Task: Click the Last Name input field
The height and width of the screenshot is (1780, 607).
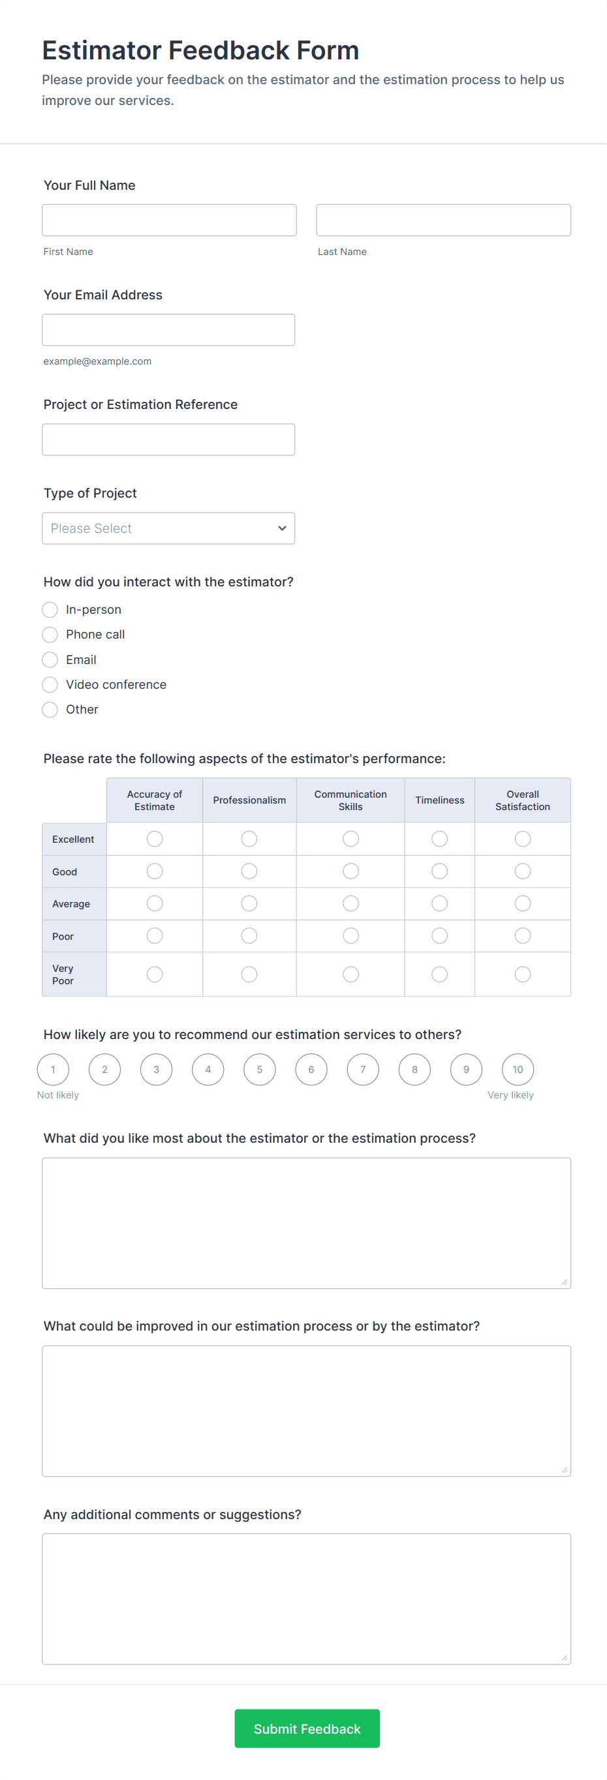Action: [x=443, y=220]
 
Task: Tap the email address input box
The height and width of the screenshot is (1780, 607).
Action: [x=168, y=329]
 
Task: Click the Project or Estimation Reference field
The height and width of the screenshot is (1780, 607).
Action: [x=168, y=440]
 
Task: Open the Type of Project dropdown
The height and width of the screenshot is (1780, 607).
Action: [x=168, y=528]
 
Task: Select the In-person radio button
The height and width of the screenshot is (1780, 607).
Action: [x=50, y=609]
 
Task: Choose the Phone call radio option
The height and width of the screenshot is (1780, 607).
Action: [x=50, y=635]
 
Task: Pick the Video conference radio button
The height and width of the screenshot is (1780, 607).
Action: [x=50, y=685]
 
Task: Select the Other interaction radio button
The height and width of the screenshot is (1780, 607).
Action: [x=50, y=710]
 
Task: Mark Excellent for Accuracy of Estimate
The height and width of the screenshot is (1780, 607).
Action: [x=155, y=839]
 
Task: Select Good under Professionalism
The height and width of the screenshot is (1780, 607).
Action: [x=249, y=871]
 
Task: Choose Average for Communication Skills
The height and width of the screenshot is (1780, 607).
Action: [x=350, y=903]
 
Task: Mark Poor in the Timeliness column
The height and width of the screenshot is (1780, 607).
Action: [x=439, y=935]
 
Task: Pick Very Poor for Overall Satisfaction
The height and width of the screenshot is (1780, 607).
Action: [x=523, y=974]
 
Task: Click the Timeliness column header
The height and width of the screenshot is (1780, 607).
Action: [x=439, y=800]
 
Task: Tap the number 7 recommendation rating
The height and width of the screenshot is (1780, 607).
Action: [x=363, y=1070]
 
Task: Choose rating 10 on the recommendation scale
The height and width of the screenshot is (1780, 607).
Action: [x=518, y=1070]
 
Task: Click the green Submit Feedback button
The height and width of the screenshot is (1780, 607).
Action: [x=307, y=1729]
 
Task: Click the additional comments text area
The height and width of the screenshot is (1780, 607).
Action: [x=306, y=1599]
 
